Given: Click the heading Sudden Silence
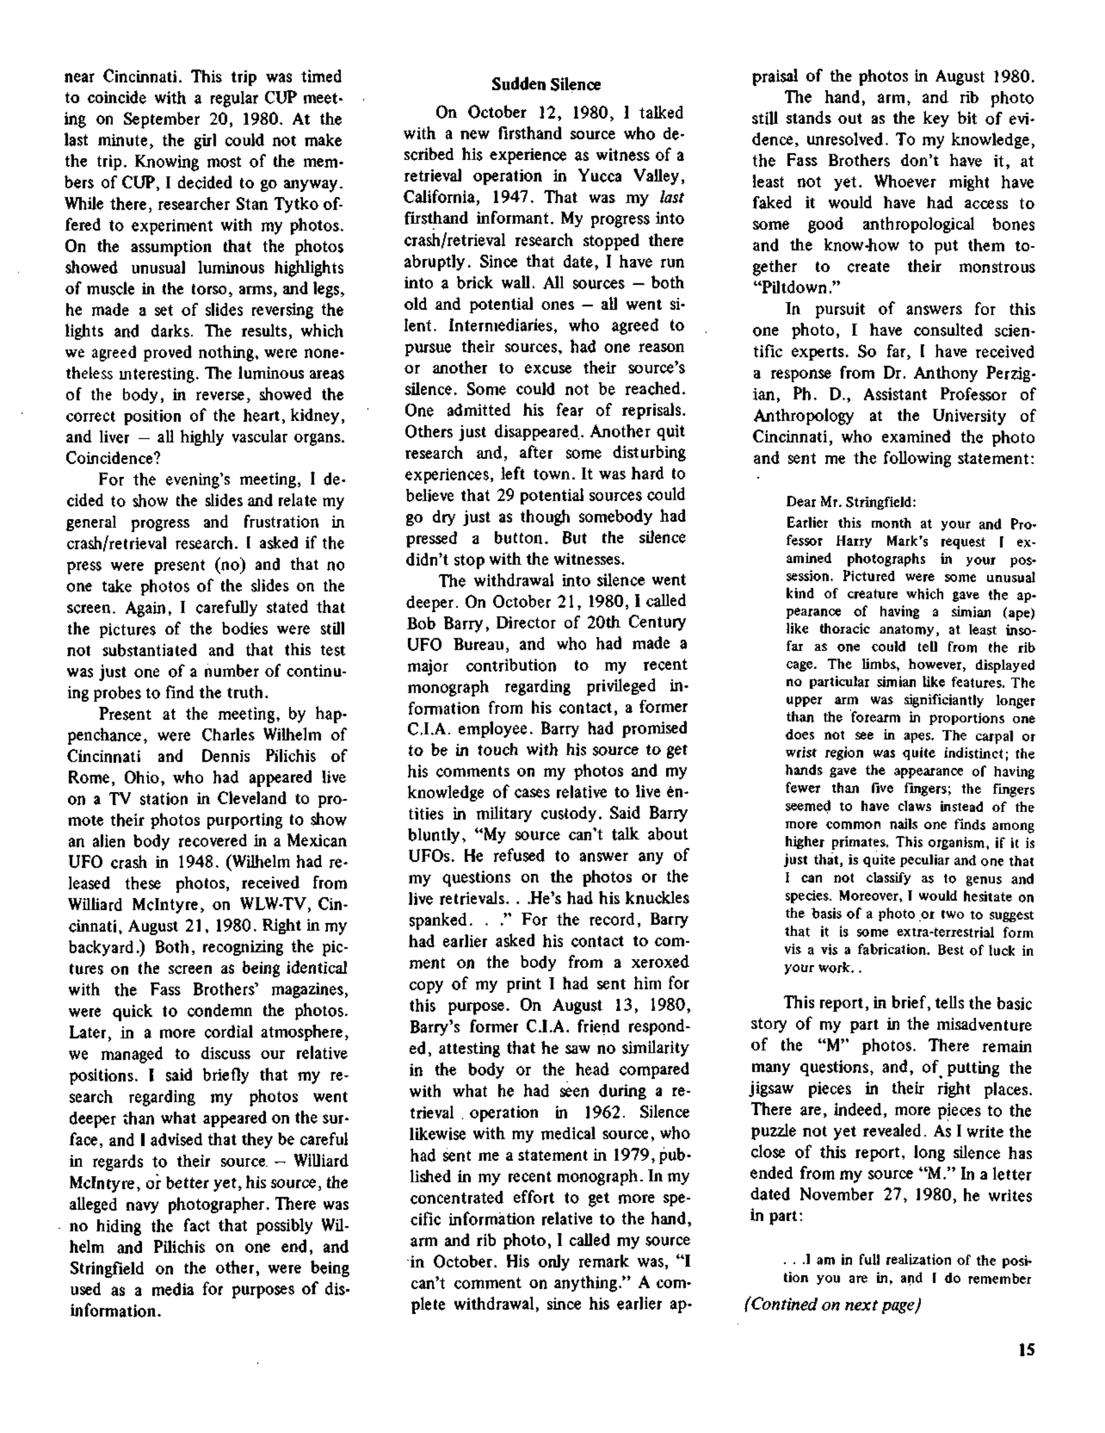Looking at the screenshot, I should pos(546,85).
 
